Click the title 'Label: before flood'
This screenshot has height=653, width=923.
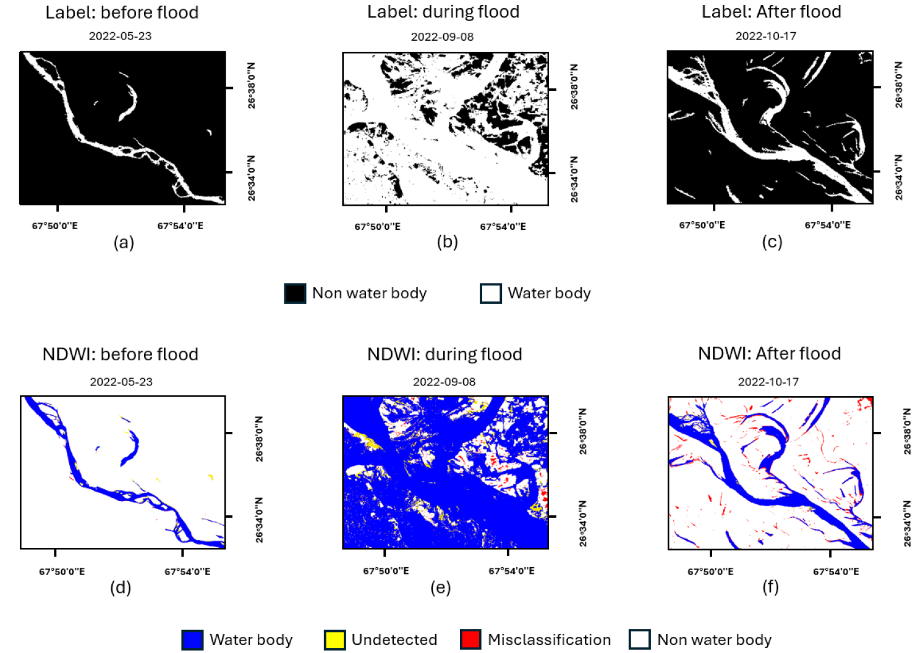tap(122, 12)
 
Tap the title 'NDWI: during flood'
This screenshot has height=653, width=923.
tap(444, 354)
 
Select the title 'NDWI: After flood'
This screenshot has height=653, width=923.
tap(769, 353)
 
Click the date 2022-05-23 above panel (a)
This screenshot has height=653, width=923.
tap(120, 36)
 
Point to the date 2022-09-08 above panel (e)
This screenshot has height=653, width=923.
tap(444, 382)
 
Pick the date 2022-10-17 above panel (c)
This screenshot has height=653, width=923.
tap(765, 36)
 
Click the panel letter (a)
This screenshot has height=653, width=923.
tap(124, 242)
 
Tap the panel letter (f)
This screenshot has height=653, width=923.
tap(770, 586)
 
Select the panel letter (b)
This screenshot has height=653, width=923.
tap(447, 242)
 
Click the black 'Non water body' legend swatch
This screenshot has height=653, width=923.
tap(295, 293)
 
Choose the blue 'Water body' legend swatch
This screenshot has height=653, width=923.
tap(192, 639)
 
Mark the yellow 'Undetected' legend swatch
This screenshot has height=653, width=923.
tap(334, 639)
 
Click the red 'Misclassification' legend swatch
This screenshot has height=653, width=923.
tap(470, 639)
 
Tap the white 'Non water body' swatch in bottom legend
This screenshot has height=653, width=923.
tap(639, 639)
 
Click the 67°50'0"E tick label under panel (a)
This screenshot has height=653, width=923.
tap(55, 226)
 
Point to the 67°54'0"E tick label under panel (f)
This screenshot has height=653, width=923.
tap(835, 571)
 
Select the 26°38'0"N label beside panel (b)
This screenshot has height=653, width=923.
tap(574, 86)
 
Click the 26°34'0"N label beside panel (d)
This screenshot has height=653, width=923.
tap(259, 520)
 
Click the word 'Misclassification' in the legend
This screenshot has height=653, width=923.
tap(549, 639)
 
